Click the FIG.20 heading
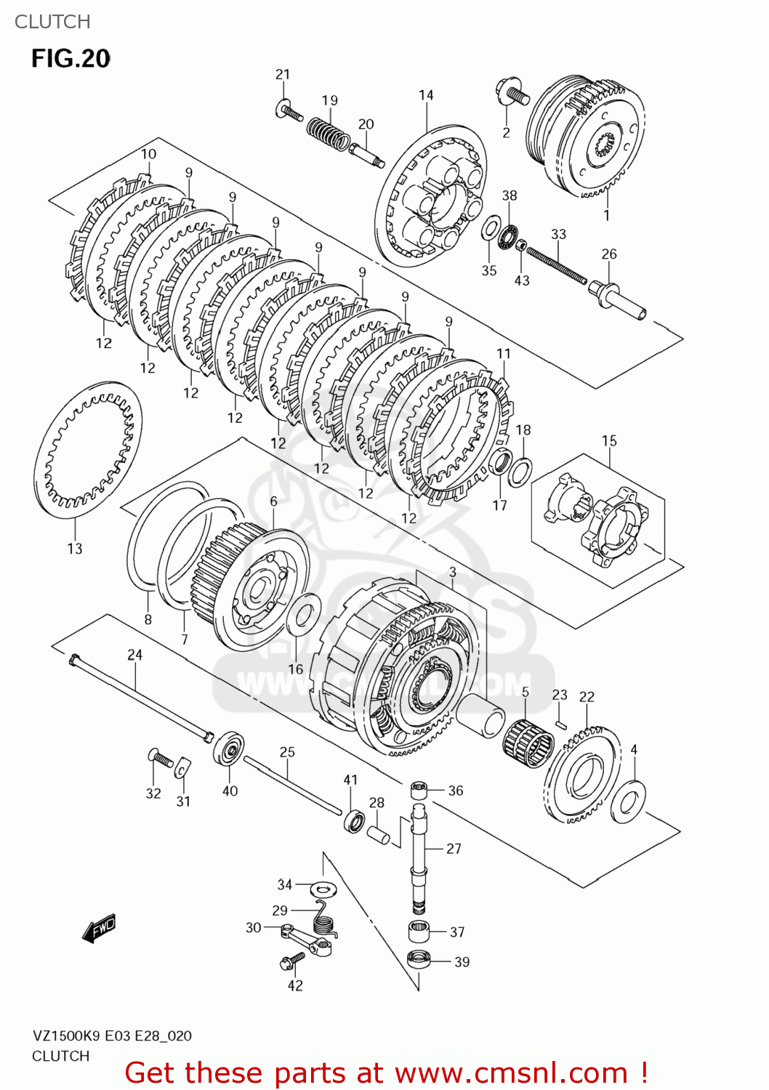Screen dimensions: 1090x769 click(71, 58)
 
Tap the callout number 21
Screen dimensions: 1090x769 click(283, 74)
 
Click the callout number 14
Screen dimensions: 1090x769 click(426, 95)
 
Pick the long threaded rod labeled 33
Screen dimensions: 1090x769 click(556, 266)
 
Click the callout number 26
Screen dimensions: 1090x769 click(609, 254)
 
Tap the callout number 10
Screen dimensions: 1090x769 click(148, 154)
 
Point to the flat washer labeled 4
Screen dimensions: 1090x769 click(629, 802)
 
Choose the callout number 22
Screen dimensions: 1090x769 click(587, 697)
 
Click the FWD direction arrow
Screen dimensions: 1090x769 click(99, 929)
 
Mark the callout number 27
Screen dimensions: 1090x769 click(454, 848)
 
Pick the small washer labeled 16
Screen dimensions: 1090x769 click(303, 615)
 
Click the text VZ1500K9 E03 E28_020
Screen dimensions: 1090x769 click(112, 1035)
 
